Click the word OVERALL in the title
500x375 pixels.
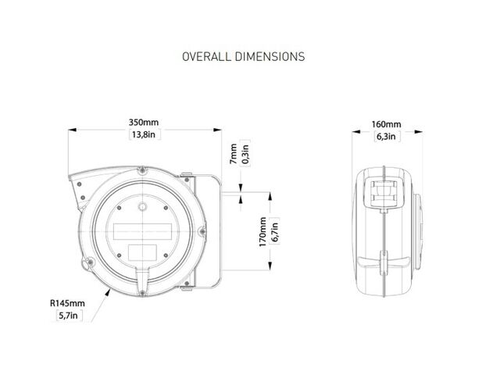point(206,57)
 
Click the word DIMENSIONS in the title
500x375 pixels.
point(270,57)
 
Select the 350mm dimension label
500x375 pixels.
point(144,123)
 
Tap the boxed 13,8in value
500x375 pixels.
point(144,134)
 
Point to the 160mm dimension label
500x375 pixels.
point(387,124)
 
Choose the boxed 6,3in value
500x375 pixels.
point(387,137)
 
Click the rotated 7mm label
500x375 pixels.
point(234,155)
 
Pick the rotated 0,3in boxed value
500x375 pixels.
point(245,153)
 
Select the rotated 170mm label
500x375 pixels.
point(262,232)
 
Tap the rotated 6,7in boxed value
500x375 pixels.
point(274,231)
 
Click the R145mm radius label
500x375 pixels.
point(68,303)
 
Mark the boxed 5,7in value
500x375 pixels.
point(69,316)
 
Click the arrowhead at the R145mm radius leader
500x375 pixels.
point(108,292)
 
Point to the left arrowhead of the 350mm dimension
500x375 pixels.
point(73,130)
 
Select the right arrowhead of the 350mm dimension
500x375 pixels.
point(218,130)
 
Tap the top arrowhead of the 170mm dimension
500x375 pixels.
point(270,196)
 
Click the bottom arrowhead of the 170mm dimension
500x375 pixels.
point(270,266)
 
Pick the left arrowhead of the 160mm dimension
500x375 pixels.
point(356,131)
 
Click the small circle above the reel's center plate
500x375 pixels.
point(142,206)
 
